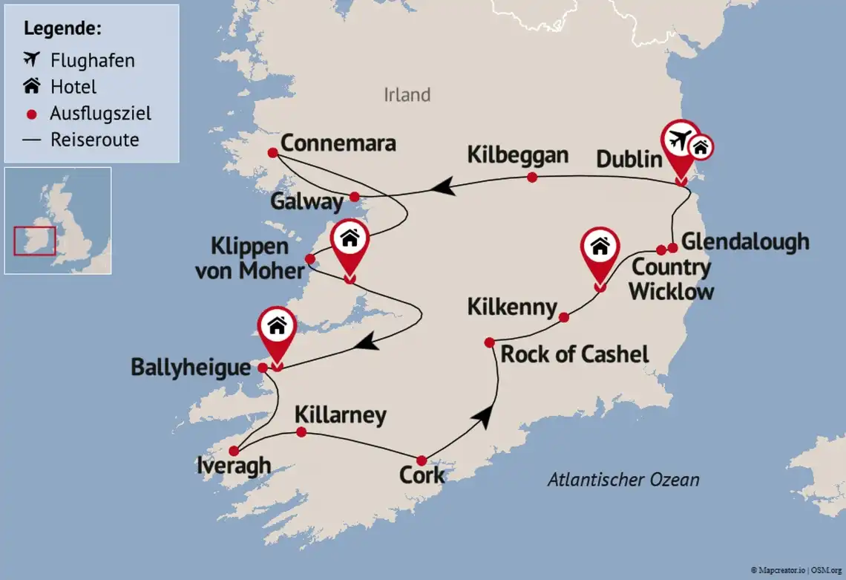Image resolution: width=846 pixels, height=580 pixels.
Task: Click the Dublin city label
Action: click(x=629, y=160)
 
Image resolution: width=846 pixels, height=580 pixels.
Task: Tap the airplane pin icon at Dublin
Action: click(x=681, y=140)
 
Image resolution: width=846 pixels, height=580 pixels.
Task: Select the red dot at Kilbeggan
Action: click(x=531, y=177)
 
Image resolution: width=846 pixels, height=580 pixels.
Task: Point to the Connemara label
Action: click(x=338, y=143)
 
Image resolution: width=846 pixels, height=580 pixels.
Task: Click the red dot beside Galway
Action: click(x=355, y=197)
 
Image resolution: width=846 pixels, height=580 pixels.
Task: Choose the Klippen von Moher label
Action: click(x=250, y=258)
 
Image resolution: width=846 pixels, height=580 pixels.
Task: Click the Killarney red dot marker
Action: click(x=301, y=432)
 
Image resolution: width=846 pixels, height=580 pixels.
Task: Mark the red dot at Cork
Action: click(x=422, y=460)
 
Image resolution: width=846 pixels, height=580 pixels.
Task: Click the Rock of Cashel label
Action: click(x=574, y=354)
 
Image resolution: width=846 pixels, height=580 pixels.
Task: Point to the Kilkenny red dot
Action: click(x=563, y=317)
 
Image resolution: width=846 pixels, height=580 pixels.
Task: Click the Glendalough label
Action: click(x=744, y=241)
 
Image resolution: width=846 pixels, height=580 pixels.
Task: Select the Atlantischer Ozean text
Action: click(x=623, y=480)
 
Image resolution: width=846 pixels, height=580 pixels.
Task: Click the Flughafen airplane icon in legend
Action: click(x=32, y=59)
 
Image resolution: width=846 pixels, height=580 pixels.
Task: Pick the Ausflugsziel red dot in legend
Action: click(x=31, y=114)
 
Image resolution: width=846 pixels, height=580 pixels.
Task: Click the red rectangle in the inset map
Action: click(x=35, y=241)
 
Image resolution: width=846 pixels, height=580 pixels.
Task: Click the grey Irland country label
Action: click(x=407, y=95)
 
